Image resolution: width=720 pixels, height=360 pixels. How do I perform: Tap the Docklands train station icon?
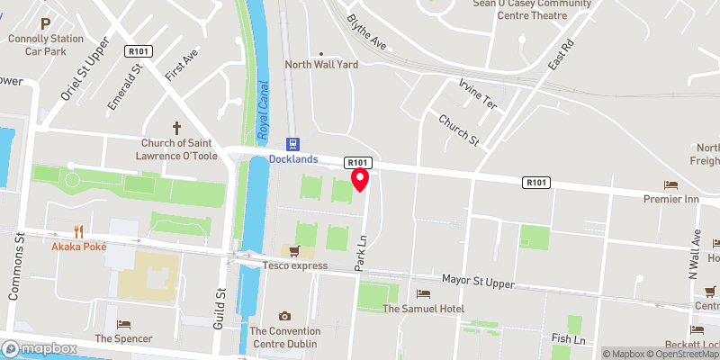coord(292,144)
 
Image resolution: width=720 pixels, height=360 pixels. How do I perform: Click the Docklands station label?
coord(293,159)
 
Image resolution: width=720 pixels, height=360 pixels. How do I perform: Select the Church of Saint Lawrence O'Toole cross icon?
coord(177,128)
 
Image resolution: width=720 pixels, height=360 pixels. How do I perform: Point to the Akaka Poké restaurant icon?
coord(79,230)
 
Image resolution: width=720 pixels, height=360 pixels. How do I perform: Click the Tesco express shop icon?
coord(292,251)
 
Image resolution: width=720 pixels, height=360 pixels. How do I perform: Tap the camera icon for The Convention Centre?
coord(284,316)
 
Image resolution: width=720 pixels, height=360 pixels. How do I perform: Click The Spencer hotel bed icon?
coord(124,324)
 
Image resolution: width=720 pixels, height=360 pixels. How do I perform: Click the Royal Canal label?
coord(264,111)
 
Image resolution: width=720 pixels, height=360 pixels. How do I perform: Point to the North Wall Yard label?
coord(321,65)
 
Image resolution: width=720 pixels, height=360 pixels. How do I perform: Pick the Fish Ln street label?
coord(568,339)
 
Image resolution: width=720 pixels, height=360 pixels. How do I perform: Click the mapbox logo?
coord(39,348)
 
